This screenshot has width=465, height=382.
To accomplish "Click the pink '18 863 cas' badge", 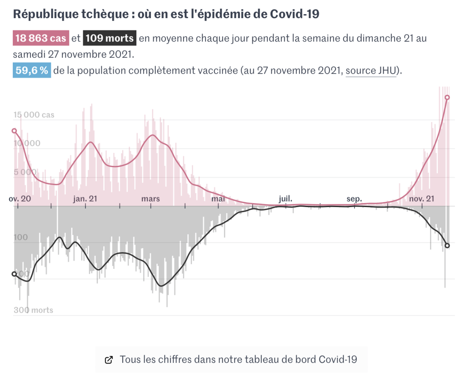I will tap(41, 38).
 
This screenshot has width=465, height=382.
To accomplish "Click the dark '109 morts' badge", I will tap(110, 38).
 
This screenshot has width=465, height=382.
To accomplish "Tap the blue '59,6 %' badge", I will tap(32, 71).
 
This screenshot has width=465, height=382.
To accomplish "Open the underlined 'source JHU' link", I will tap(371, 71).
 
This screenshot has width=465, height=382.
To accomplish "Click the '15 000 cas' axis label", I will tap(34, 115).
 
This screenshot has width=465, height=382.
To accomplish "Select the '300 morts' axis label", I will tap(33, 310).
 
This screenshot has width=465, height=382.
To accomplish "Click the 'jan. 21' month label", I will tap(85, 199).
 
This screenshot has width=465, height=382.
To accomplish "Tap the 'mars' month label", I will tap(151, 199).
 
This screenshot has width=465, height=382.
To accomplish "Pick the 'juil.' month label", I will tap(285, 199).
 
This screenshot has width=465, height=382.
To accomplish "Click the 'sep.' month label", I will tap(354, 199).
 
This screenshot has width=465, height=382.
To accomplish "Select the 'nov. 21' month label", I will tap(421, 199).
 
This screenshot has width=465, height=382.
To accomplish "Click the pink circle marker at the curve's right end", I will tap(447, 97).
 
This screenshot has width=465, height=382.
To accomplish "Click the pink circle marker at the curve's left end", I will tap(14, 131).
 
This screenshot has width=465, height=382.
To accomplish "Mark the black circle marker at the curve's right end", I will tap(447, 246).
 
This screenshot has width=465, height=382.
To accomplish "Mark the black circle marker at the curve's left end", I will tap(14, 274).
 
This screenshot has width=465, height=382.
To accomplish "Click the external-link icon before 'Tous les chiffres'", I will tap(109, 360).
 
